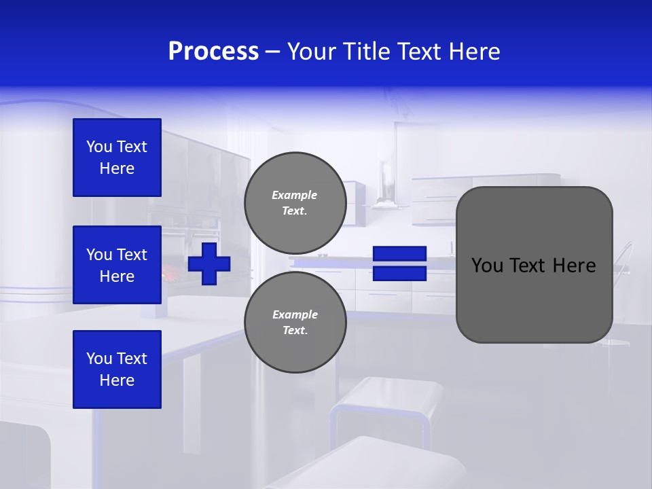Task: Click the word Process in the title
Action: [x=213, y=52]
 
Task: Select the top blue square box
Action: [x=117, y=158]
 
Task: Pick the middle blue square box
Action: [x=117, y=265]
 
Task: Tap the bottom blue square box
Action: [x=117, y=369]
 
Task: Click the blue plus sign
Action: [x=209, y=264]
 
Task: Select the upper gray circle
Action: [x=295, y=202]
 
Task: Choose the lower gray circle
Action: [x=295, y=322]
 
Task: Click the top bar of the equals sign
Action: [x=399, y=254]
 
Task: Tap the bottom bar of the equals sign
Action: [x=399, y=274]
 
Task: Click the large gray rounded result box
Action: [x=534, y=299]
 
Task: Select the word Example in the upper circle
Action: [x=294, y=195]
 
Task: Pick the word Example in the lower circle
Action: [x=295, y=314]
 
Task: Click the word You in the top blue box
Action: [x=99, y=147]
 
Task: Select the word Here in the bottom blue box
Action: [x=117, y=380]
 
